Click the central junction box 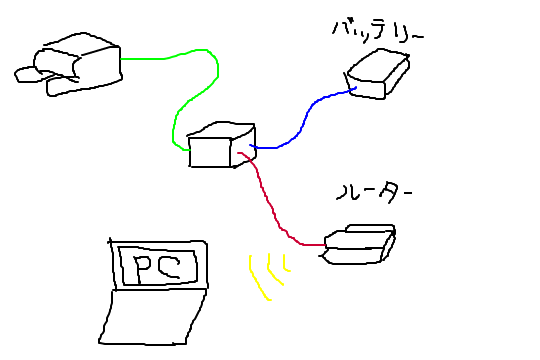(221, 146)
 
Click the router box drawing (358, 246)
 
